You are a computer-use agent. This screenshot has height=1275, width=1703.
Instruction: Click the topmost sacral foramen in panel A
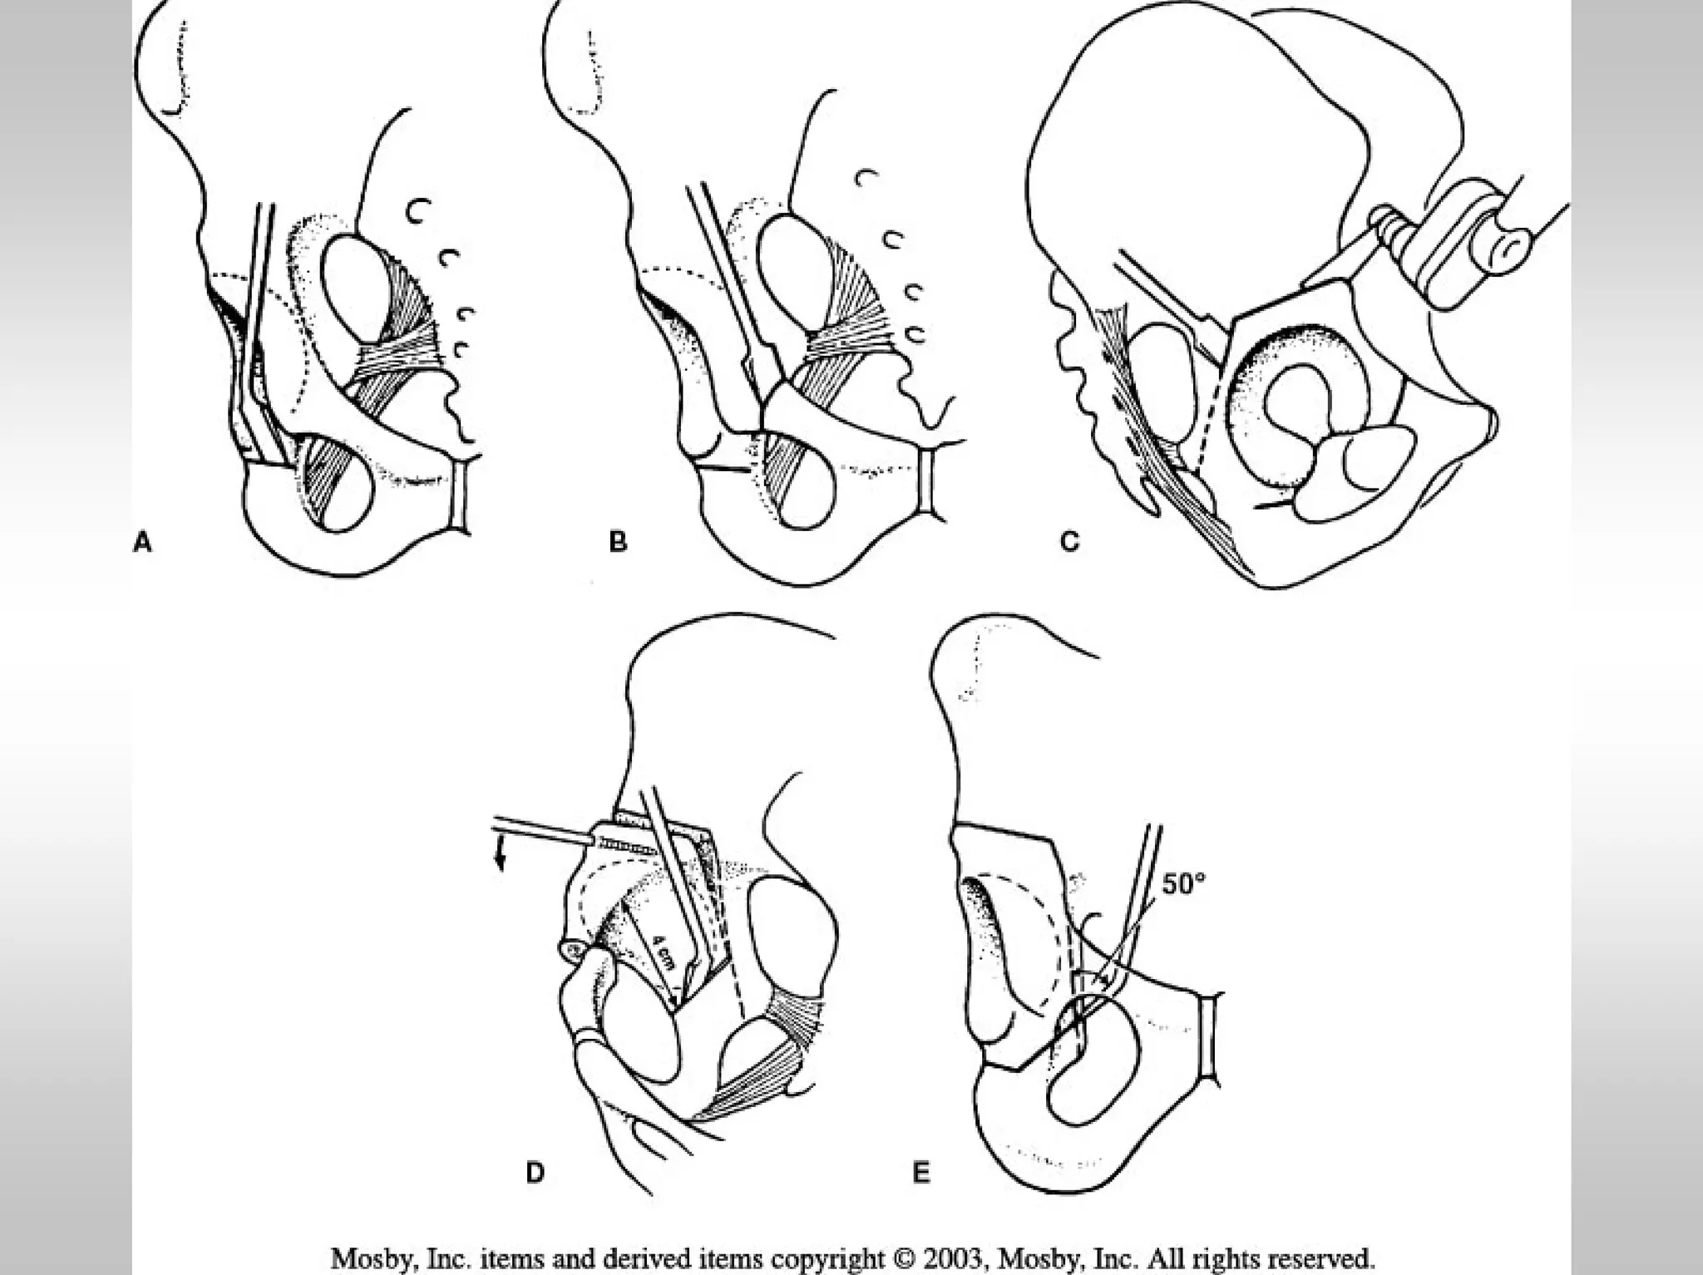(412, 213)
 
